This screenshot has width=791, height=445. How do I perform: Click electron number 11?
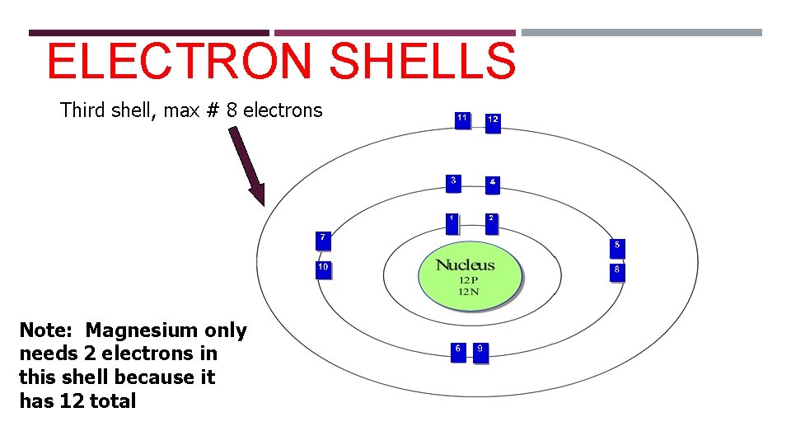tap(463, 120)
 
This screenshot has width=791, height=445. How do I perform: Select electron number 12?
tap(493, 122)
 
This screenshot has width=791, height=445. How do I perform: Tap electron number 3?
tap(453, 183)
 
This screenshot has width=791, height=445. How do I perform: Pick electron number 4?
tap(492, 184)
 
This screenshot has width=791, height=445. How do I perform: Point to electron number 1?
tap(452, 222)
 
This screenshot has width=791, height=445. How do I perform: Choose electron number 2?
tap(491, 222)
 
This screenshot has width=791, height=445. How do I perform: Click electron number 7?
tap(323, 240)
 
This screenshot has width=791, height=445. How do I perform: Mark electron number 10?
tap(323, 269)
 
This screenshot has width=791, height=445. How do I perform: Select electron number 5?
tap(617, 247)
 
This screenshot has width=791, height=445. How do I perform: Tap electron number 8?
tap(617, 272)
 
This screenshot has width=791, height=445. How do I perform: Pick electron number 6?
tap(458, 352)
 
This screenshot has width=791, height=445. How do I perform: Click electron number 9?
tap(480, 352)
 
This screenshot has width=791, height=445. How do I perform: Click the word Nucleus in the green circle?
tap(466, 265)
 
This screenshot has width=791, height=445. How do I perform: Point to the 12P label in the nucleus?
tap(466, 280)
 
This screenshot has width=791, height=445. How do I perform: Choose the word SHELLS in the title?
tap(427, 62)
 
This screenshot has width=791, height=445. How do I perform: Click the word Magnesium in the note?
tap(143, 330)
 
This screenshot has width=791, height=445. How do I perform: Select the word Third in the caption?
tap(83, 110)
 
